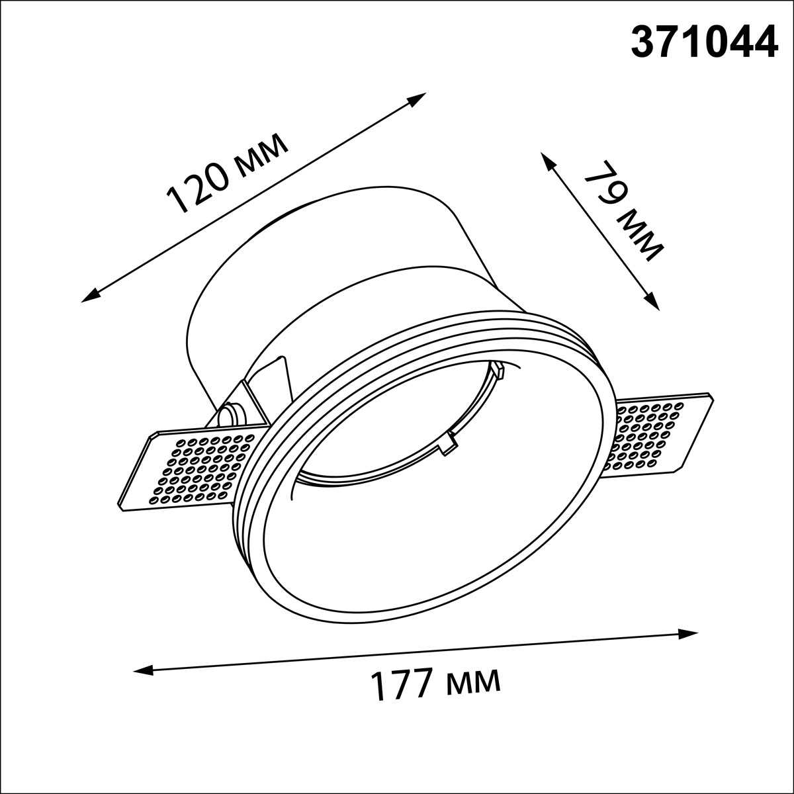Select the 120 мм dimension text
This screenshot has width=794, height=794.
click(x=227, y=173)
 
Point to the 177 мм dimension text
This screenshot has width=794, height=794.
click(x=435, y=684)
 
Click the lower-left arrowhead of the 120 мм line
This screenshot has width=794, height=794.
click(x=91, y=294)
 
